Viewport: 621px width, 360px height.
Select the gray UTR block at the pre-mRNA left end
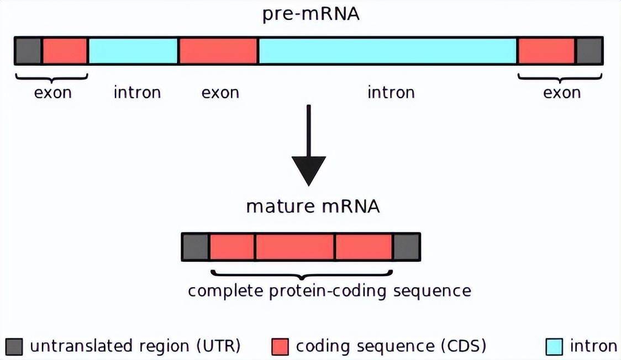(x=28, y=51)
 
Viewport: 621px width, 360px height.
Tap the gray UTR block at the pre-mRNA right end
(x=589, y=51)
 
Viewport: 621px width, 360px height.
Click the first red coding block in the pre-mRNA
(x=65, y=51)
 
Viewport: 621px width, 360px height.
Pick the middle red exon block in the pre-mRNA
(x=218, y=51)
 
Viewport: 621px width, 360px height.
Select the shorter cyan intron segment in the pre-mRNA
(x=133, y=51)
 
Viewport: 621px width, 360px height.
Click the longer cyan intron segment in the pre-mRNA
(x=387, y=51)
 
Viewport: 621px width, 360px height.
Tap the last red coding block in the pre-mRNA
(x=546, y=51)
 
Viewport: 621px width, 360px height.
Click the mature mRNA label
(x=313, y=207)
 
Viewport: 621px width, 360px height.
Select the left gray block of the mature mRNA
(x=196, y=247)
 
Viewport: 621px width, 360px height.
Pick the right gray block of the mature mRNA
(x=407, y=247)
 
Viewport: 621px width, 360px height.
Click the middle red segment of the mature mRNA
(x=294, y=247)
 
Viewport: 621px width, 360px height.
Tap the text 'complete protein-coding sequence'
(x=329, y=290)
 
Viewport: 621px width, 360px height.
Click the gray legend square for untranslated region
(x=15, y=347)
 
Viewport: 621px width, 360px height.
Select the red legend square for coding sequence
(x=280, y=347)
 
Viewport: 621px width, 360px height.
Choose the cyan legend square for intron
(x=554, y=347)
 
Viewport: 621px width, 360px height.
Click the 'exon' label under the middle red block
(x=220, y=92)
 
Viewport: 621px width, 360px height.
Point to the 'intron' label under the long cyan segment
(x=391, y=92)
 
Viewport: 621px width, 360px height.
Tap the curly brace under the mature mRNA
(x=302, y=274)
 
